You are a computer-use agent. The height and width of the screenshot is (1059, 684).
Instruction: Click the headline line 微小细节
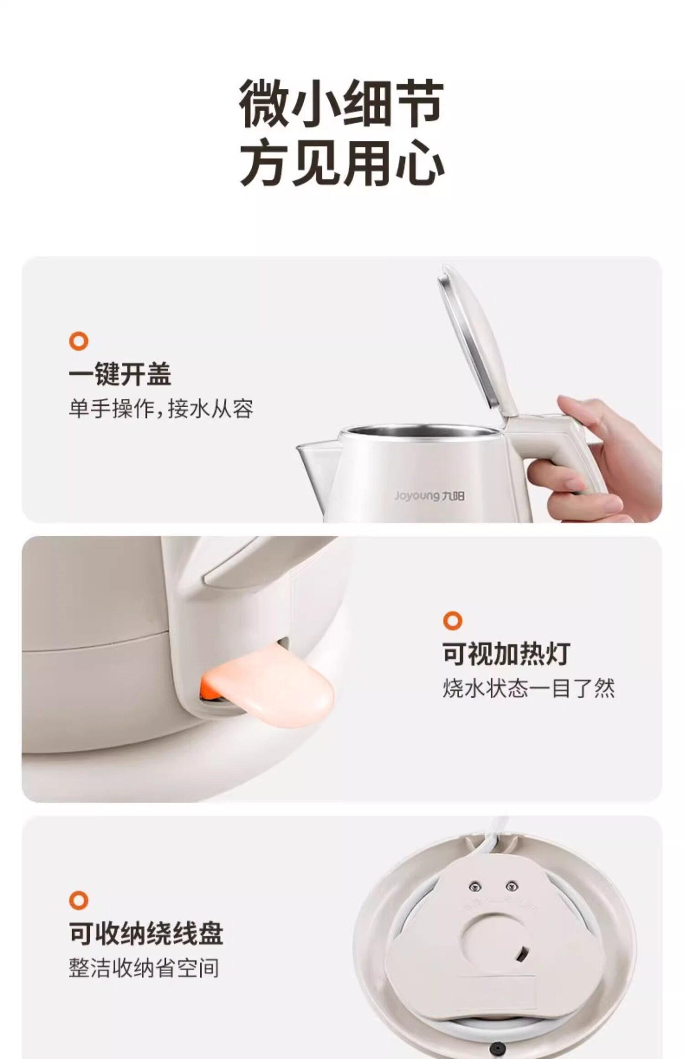[x=342, y=104]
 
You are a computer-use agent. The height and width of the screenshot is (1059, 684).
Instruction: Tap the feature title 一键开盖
[x=120, y=374]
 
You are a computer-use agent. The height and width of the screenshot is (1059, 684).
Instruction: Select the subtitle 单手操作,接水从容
[x=161, y=409]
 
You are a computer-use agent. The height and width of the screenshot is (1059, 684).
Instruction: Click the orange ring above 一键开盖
[x=78, y=341]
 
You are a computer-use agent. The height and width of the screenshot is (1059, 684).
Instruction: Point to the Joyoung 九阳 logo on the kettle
[x=429, y=496]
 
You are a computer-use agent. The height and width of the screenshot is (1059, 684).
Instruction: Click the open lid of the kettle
[x=477, y=342]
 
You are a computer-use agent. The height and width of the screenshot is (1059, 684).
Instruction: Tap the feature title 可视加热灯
[x=507, y=654]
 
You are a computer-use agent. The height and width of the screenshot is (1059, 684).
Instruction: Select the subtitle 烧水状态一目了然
[x=529, y=688]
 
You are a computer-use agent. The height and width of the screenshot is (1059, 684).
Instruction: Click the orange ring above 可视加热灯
[x=452, y=621]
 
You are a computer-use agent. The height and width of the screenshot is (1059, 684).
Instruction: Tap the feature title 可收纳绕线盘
[x=146, y=933]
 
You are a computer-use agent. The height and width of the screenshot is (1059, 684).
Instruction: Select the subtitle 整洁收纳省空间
[x=144, y=968]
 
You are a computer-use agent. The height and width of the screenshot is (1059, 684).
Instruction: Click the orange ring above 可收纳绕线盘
[x=78, y=900]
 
